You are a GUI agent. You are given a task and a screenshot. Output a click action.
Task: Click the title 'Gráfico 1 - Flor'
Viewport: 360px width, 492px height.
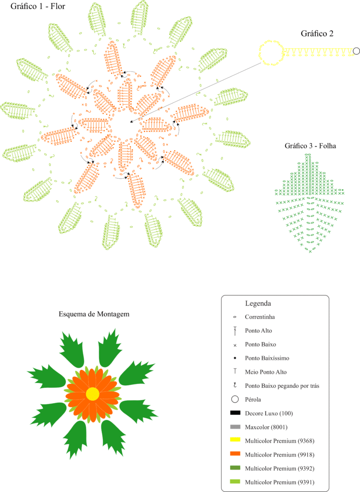pyautogui.click(x=38, y=6)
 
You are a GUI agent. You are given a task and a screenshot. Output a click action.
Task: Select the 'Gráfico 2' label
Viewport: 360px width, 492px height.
pyautogui.click(x=317, y=34)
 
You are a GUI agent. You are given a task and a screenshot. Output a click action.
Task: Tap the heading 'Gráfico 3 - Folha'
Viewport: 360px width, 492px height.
pyautogui.click(x=310, y=146)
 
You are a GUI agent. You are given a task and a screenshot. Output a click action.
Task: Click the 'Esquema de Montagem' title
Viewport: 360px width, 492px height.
pyautogui.click(x=94, y=314)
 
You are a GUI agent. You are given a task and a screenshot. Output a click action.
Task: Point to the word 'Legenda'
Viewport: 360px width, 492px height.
pyautogui.click(x=258, y=304)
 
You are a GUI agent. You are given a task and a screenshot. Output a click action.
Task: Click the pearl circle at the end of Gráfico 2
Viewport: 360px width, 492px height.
pyautogui.click(x=356, y=51)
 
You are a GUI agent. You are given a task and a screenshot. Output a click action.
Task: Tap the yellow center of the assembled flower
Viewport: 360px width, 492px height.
pyautogui.click(x=93, y=394)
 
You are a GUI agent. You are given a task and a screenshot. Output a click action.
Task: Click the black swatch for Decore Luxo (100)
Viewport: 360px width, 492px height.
pyautogui.click(x=235, y=413)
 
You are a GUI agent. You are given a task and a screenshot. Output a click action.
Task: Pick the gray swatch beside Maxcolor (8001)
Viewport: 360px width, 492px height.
pyautogui.click(x=235, y=427)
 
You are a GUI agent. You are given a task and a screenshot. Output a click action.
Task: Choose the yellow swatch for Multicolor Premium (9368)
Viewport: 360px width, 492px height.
pyautogui.click(x=235, y=440)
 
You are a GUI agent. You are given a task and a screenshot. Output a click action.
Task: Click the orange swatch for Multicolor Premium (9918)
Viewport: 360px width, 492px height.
pyautogui.click(x=235, y=454)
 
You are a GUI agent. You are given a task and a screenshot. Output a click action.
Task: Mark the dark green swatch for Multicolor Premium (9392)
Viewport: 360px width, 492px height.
pyautogui.click(x=235, y=467)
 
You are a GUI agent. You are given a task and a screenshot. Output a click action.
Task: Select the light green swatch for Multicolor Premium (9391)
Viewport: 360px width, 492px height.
pyautogui.click(x=235, y=481)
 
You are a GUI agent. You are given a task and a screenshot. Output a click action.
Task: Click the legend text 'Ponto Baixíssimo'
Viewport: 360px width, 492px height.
pyautogui.click(x=267, y=358)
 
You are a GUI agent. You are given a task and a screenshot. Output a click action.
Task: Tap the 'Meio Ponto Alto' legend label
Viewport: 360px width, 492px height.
pyautogui.click(x=266, y=372)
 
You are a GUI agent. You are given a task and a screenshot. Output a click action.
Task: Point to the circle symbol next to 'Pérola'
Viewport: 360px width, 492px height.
pyautogui.click(x=235, y=399)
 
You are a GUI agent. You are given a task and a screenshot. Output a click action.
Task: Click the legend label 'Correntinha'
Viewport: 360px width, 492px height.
pyautogui.click(x=260, y=317)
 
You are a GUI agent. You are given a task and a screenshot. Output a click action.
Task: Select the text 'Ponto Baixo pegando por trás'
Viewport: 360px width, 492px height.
pyautogui.click(x=282, y=386)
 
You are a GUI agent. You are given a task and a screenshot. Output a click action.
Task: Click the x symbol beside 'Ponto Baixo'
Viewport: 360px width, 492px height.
pyautogui.click(x=235, y=345)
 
